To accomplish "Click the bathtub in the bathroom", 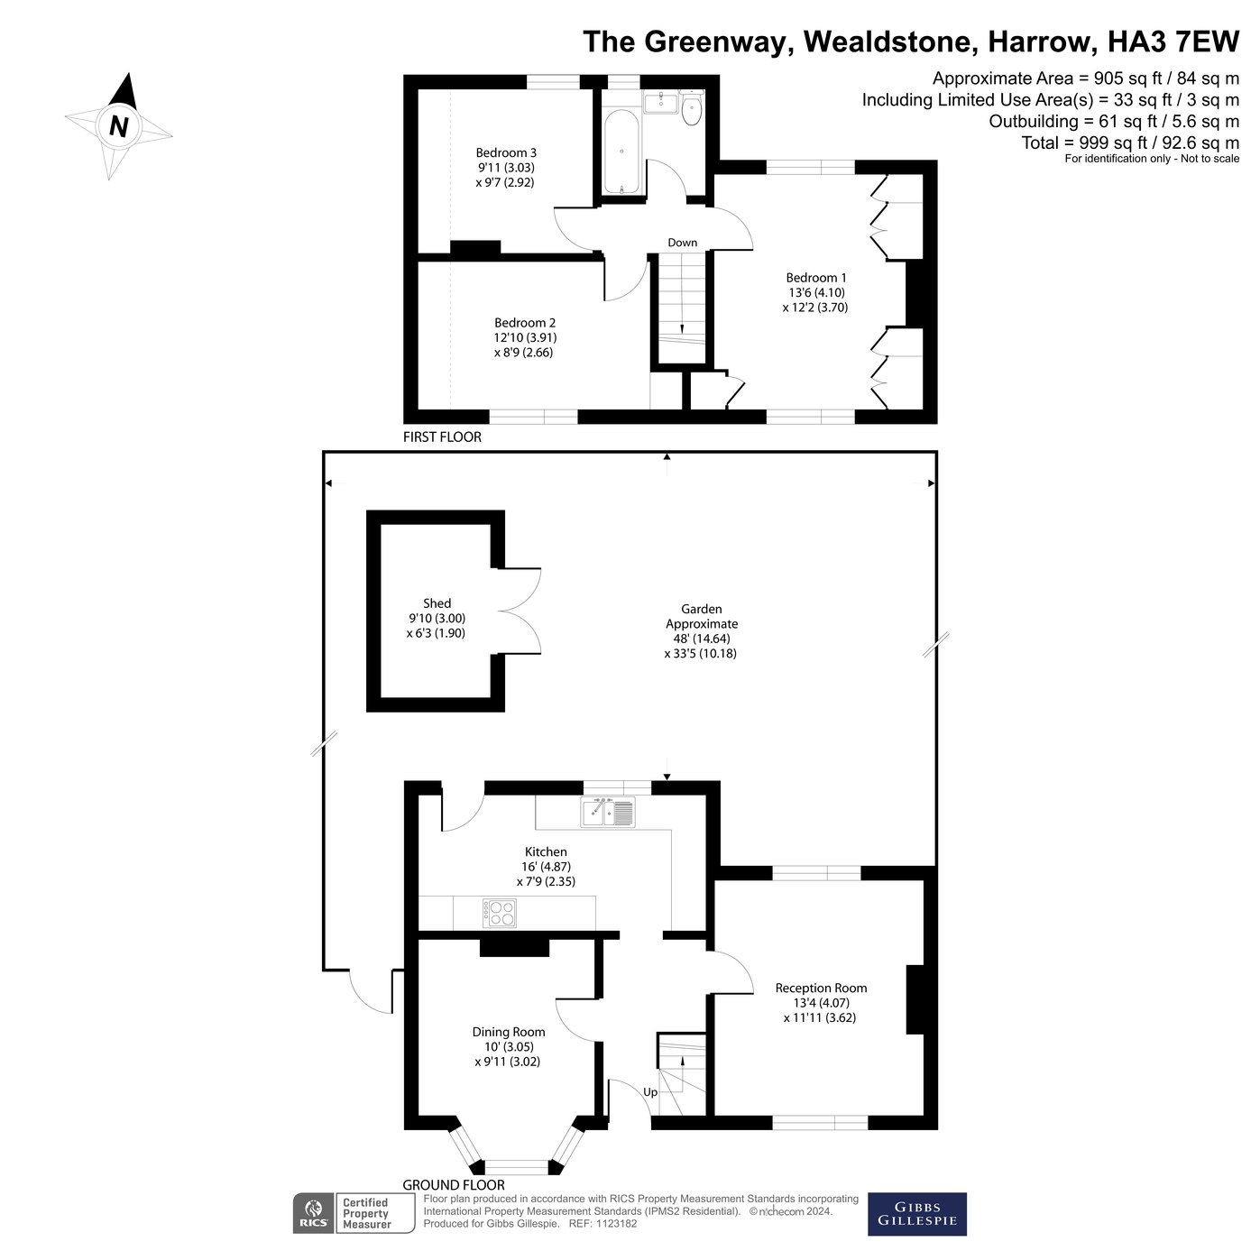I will click(x=621, y=152).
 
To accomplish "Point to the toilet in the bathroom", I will click(x=692, y=111).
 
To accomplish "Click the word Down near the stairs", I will click(x=682, y=243).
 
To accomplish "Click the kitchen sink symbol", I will click(x=608, y=812).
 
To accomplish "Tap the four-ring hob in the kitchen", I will click(x=499, y=914).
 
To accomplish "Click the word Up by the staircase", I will click(x=650, y=1092).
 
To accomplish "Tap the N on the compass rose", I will click(x=118, y=126).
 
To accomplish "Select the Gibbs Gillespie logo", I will click(x=916, y=1214).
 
